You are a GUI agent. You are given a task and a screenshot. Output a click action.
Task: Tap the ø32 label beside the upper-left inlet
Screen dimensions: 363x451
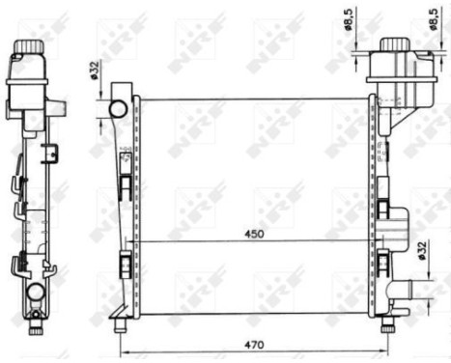click(96, 71)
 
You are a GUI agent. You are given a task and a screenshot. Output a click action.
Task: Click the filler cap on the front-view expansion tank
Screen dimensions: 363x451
click(396, 44)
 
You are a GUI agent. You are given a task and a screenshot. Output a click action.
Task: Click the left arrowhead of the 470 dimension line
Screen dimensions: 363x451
click(120, 351)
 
